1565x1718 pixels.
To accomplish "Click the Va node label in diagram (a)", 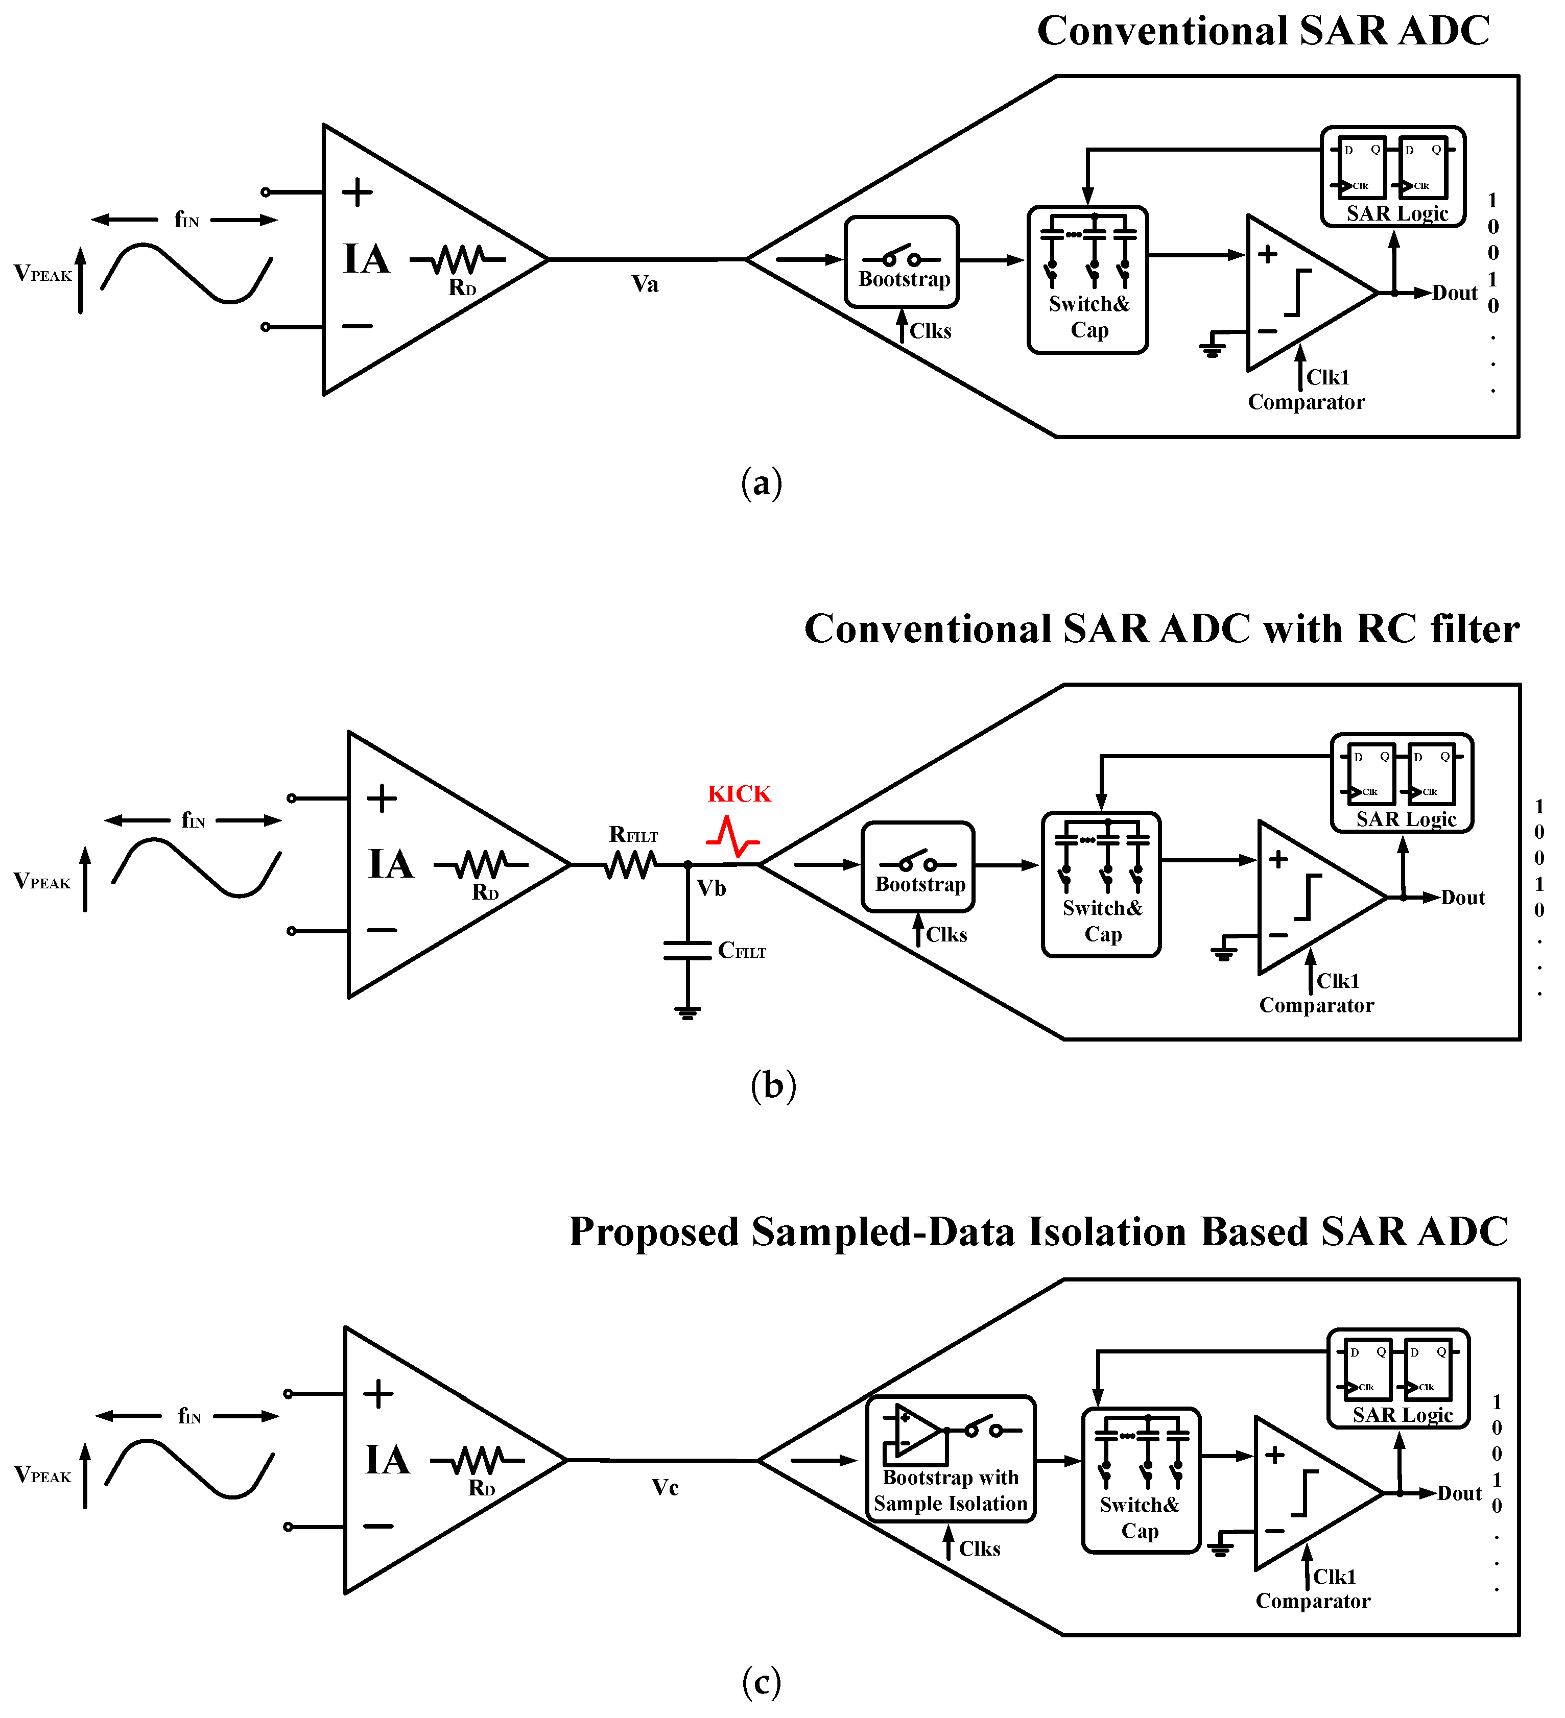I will pos(645,284).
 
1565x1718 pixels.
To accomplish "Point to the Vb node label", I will pos(711,889).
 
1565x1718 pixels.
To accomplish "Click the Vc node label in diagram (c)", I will pos(665,1488).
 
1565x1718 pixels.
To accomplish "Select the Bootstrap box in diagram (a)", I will pos(902,261).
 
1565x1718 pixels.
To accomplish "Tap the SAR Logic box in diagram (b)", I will pos(1402,782).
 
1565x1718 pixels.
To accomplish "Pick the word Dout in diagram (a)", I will pos(1454,293).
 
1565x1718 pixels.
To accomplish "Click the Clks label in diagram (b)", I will pos(946,935).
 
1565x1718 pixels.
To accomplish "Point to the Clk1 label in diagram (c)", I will pos(1334,1577).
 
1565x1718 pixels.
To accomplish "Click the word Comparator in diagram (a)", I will pos(1306,402).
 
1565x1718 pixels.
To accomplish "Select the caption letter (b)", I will pos(773,1085).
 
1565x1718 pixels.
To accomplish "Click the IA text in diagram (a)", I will pos(367,259).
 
